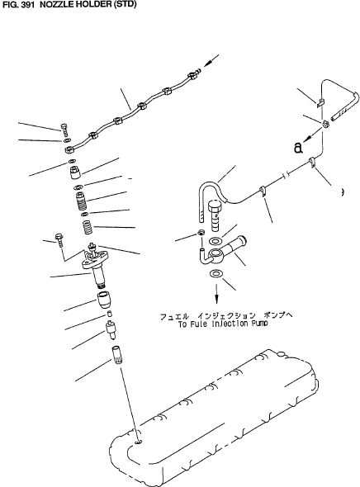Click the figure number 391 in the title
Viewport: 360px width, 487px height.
(x=26, y=4)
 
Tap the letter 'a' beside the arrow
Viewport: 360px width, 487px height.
(x=298, y=148)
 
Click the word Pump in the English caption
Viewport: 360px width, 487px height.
(x=259, y=324)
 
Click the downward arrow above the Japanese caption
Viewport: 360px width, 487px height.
(x=216, y=293)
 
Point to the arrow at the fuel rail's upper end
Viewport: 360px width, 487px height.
(x=211, y=60)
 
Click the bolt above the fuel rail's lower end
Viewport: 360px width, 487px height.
(x=64, y=129)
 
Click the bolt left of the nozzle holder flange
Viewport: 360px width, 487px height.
(x=59, y=239)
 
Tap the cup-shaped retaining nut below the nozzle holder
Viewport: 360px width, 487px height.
(x=104, y=299)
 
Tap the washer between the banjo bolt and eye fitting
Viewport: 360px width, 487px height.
(x=215, y=241)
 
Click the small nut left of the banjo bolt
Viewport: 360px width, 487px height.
(x=201, y=232)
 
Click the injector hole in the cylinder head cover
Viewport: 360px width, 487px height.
(x=139, y=442)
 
